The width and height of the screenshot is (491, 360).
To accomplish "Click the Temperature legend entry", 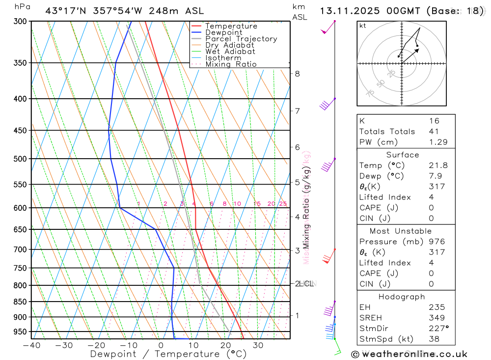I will [231, 26].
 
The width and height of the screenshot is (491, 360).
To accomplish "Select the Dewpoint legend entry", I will [224, 32].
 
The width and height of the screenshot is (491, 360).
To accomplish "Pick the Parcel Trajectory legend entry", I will [241, 39].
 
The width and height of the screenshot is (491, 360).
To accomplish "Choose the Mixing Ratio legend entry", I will [231, 64].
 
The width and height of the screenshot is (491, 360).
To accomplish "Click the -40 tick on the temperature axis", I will [31, 345].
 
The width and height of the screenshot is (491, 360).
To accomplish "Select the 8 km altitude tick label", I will [297, 74].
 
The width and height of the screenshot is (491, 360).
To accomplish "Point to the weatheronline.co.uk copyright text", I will [409, 354].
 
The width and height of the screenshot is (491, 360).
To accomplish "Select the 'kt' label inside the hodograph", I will [362, 26].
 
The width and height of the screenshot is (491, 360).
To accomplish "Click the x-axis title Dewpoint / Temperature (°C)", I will [160, 354].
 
